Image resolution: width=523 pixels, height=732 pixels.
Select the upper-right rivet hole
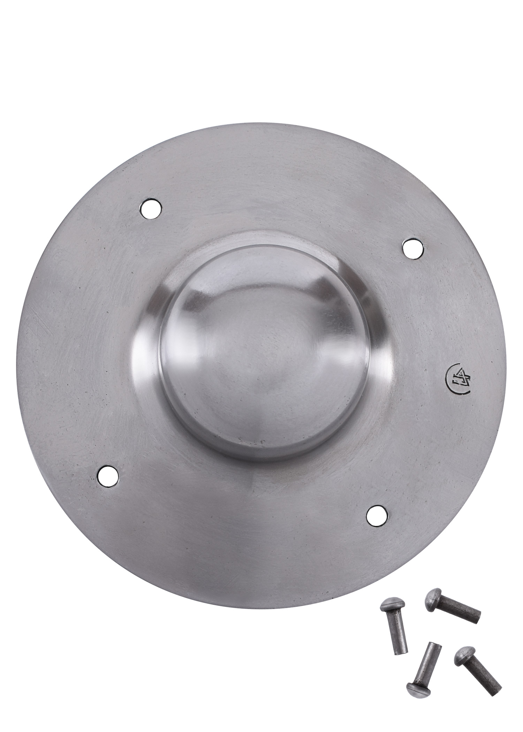click(412, 248)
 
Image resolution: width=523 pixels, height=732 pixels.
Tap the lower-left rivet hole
click(108, 475)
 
